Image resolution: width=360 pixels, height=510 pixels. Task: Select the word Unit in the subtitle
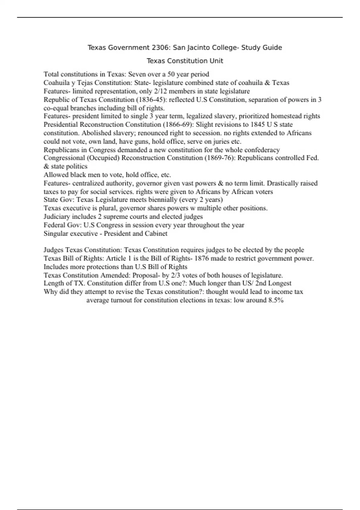click(x=216, y=61)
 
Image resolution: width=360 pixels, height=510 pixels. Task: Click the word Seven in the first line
click(x=137, y=74)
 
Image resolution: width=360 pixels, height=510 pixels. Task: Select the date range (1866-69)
click(x=178, y=124)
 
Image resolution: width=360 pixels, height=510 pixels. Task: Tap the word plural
click(x=107, y=208)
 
